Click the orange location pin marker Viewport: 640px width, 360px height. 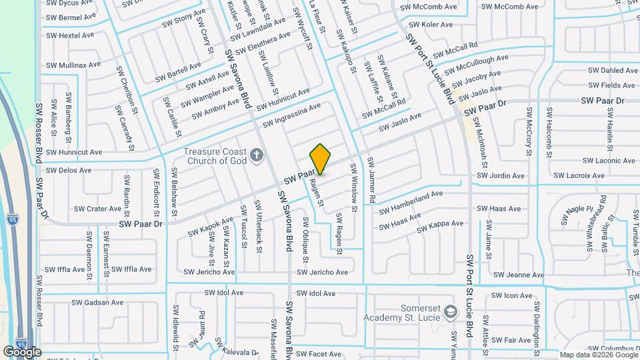(320, 159)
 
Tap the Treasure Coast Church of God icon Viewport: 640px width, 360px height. (257, 157)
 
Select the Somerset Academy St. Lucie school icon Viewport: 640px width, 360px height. (451, 312)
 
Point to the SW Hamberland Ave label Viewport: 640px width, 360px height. (411, 198)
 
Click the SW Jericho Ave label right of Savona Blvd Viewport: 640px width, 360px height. (322, 272)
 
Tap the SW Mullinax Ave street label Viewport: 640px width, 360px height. (73, 65)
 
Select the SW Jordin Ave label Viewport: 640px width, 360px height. (500, 176)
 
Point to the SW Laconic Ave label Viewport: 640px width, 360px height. (609, 161)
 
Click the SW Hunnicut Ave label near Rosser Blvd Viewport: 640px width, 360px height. (73, 152)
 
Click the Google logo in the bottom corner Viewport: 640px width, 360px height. (22, 351)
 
